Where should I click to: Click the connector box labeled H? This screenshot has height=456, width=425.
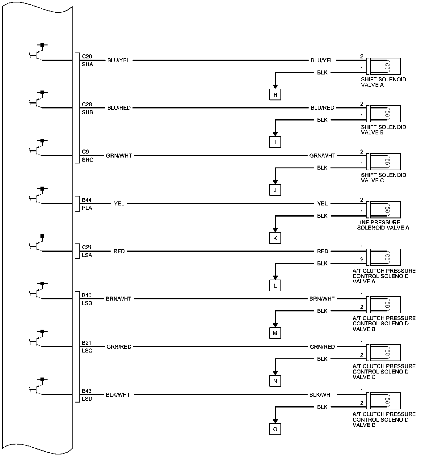(x=275, y=95)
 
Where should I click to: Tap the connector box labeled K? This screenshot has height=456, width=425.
(x=275, y=238)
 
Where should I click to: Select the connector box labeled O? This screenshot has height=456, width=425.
(x=275, y=429)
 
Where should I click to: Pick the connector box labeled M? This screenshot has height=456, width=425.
(x=275, y=333)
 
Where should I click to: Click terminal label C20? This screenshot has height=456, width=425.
(x=87, y=57)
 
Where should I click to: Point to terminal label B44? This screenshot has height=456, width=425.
(x=86, y=200)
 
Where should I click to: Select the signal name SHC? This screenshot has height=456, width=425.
(x=87, y=160)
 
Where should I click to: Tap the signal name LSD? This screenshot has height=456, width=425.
(x=87, y=399)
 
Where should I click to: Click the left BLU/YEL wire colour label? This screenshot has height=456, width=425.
(x=118, y=60)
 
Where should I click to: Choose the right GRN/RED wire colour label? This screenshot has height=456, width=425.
(x=322, y=347)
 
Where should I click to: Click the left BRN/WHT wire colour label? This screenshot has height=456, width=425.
(x=119, y=299)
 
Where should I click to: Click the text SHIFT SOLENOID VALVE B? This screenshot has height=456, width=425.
(x=383, y=129)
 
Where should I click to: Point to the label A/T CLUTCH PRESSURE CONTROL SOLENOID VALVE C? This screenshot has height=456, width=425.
(x=384, y=371)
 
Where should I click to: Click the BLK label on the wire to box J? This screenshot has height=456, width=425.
(x=322, y=168)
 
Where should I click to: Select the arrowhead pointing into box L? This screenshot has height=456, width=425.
(x=275, y=277)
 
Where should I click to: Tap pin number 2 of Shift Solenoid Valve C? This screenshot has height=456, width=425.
(x=362, y=152)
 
